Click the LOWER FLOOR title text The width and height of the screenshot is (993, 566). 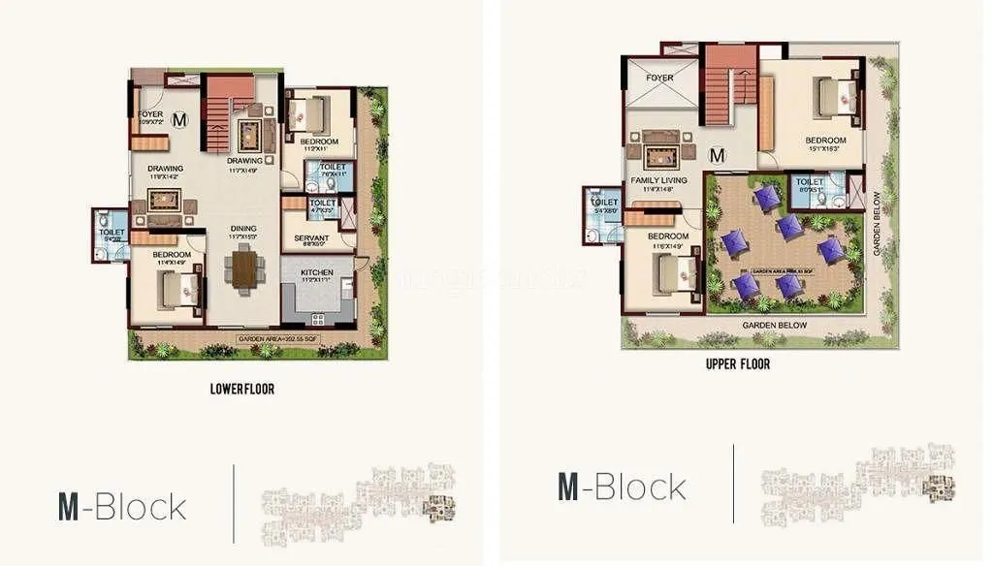[242, 389]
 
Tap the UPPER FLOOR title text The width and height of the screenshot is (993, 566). [738, 363]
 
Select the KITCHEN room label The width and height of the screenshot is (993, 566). [316, 273]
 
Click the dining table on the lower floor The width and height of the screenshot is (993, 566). [244, 269]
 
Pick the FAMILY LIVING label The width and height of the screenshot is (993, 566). [658, 180]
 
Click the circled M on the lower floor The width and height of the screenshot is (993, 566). [178, 120]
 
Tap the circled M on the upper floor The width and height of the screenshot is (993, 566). [718, 154]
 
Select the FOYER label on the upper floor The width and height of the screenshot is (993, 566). [660, 78]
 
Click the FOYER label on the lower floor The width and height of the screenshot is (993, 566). [150, 114]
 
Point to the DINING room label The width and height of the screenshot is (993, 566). [243, 229]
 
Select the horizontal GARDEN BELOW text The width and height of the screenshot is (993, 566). [774, 326]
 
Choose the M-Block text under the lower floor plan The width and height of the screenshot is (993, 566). [122, 506]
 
